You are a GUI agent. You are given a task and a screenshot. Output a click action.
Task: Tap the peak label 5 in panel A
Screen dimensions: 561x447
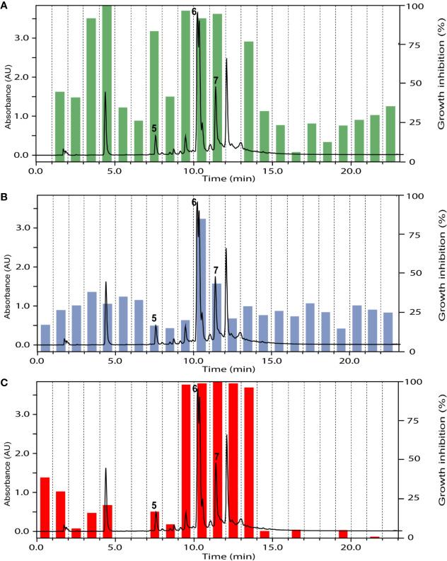point(154,128)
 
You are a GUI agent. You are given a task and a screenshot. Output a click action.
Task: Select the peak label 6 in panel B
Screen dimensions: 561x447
point(194,202)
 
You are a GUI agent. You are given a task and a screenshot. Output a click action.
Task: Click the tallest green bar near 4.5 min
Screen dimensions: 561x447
point(107,81)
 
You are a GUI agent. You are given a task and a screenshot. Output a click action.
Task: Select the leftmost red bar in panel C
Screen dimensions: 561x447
point(45,507)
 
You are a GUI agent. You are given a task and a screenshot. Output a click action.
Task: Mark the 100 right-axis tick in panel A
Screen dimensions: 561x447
point(412,6)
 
